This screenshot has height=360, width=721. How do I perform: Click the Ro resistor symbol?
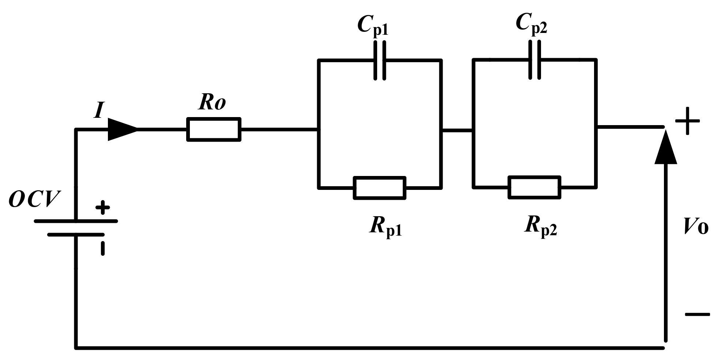click(x=214, y=129)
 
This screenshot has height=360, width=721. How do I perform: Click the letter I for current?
click(x=98, y=110)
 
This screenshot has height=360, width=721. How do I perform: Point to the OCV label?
click(x=34, y=200)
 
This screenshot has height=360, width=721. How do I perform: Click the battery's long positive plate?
click(x=76, y=221)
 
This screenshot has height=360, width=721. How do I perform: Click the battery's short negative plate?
click(x=76, y=235)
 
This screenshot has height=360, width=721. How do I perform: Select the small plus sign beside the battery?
click(x=102, y=207)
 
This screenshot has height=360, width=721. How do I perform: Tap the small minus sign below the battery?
click(x=103, y=248)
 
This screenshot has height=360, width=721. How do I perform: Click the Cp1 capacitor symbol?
click(x=379, y=60)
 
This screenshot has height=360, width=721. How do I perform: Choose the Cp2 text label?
click(x=531, y=24)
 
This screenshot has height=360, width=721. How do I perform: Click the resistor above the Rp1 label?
click(x=379, y=188)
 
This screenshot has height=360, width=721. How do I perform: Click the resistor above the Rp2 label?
click(x=534, y=187)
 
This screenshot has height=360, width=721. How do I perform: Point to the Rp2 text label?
click(x=540, y=226)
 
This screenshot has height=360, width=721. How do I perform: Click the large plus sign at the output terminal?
click(x=687, y=121)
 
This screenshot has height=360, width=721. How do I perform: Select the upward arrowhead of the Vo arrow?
click(x=665, y=148)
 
